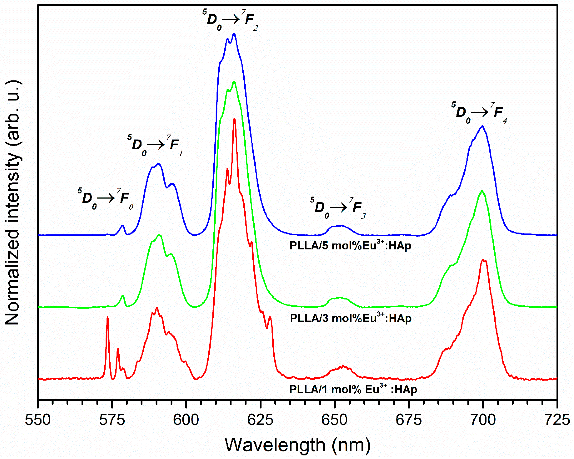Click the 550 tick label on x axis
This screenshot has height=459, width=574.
pos(38,420)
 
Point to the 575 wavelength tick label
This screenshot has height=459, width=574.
pos(112,420)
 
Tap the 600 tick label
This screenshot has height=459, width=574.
pos(186,420)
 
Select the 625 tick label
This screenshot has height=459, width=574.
pos(260,420)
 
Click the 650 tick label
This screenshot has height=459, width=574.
pos(334,420)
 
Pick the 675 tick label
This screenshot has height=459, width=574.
pos(408,420)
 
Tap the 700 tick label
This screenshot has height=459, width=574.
pos(482,420)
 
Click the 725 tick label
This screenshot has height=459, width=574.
pos(556,420)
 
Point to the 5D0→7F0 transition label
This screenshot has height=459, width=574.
pos(106,199)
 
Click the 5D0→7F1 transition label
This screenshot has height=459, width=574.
pos(155,145)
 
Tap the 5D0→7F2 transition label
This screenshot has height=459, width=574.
pos(230,20)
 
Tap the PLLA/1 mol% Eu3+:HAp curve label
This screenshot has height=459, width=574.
pos(353,389)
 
